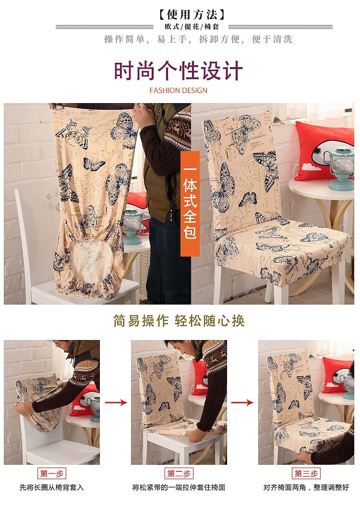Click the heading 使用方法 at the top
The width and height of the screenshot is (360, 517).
(192, 14)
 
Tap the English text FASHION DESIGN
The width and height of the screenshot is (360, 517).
(179, 90)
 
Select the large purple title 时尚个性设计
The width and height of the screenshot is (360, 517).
(179, 70)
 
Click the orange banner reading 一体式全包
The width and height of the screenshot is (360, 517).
(190, 203)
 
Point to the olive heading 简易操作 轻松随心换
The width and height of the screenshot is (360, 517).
(179, 321)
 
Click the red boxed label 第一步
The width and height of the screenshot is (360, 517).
(52, 473)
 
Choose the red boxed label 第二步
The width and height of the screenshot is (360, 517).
(179, 473)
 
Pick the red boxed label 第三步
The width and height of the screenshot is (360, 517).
(306, 473)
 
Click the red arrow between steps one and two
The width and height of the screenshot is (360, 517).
(116, 402)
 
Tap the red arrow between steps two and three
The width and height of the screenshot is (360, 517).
(242, 402)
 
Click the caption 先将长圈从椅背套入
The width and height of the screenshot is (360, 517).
(51, 487)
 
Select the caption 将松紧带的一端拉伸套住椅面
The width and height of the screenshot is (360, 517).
(179, 487)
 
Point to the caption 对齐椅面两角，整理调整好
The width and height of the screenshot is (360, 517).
(306, 487)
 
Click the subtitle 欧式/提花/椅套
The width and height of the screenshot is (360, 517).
(192, 27)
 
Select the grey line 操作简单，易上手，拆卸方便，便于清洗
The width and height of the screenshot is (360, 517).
(198, 39)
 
